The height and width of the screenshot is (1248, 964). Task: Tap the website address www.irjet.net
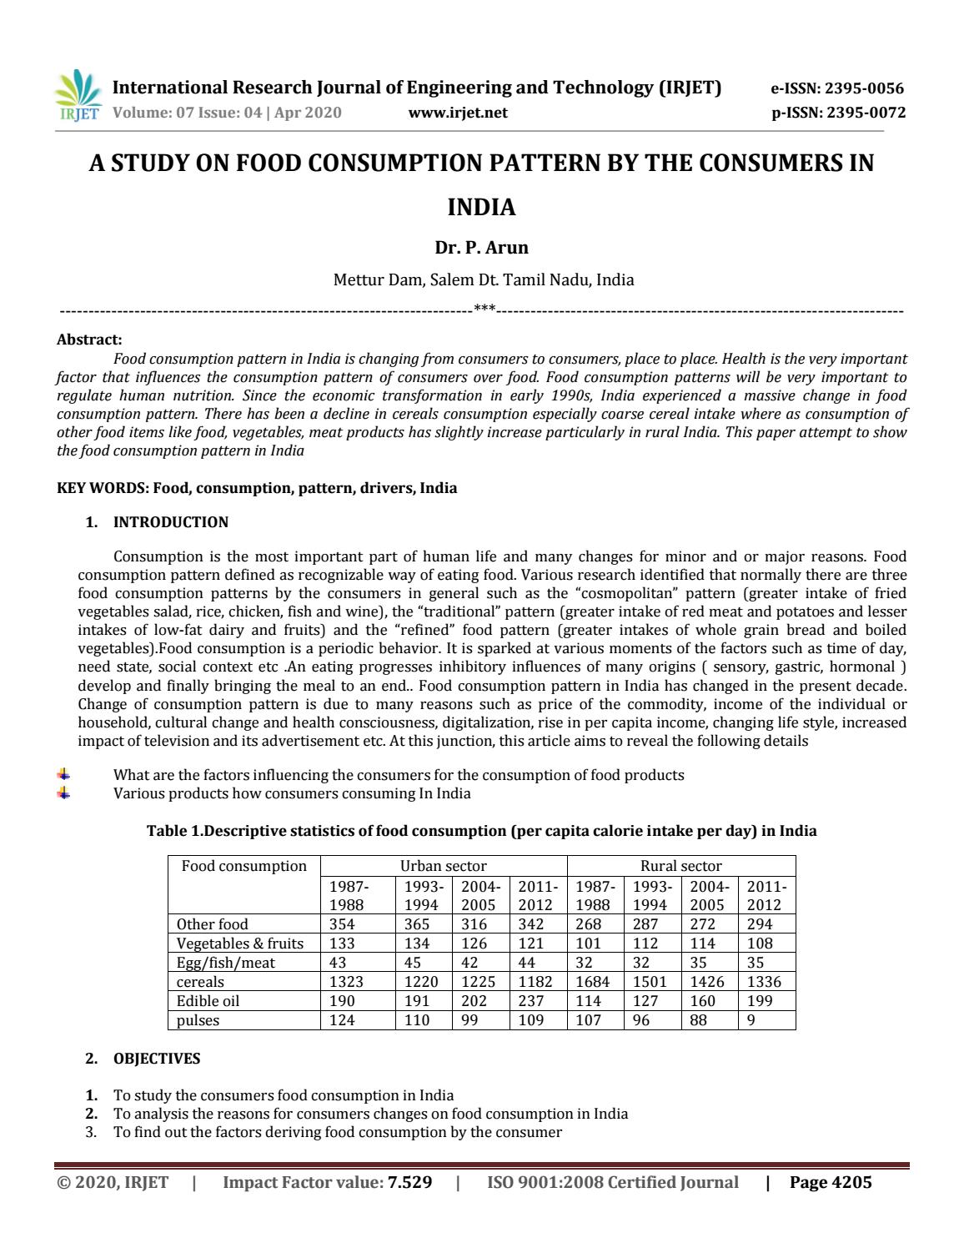458,113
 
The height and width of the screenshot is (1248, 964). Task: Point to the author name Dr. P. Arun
481,247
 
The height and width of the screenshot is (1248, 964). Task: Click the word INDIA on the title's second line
481,207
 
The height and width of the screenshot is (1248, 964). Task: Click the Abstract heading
89,340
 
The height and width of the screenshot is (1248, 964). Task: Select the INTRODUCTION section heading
170,522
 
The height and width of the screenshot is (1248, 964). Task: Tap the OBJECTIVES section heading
157,1059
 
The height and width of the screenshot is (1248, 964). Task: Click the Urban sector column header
443,866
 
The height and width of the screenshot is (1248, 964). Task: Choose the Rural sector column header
680,866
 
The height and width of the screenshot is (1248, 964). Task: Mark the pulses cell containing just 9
751,1020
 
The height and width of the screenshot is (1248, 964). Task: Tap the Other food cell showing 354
342,924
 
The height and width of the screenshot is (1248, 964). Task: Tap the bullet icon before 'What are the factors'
63,775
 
